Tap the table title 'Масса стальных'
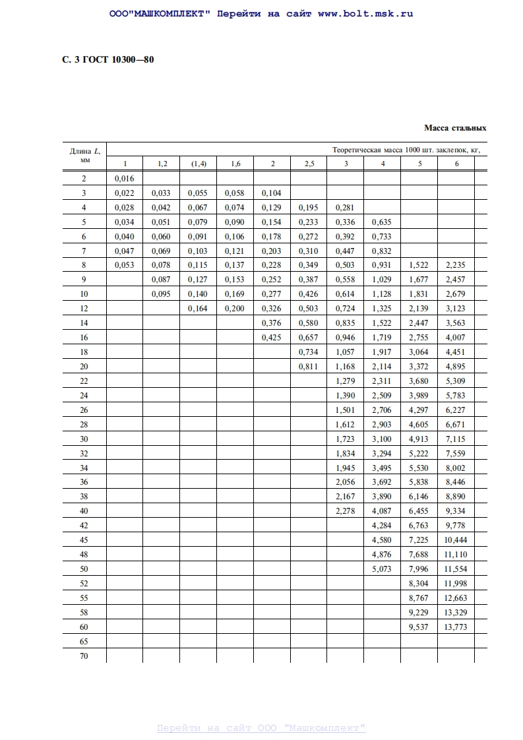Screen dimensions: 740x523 pyautogui.click(x=454, y=128)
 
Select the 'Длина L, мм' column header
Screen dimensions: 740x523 pyautogui.click(x=84, y=156)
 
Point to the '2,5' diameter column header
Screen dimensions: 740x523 pyautogui.click(x=309, y=164)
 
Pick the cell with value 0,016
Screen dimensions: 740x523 pyautogui.click(x=124, y=179)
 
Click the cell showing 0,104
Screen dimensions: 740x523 pyautogui.click(x=272, y=193)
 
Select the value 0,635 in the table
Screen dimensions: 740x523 pyautogui.click(x=382, y=222)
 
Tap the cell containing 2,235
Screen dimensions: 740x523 pyautogui.click(x=456, y=265)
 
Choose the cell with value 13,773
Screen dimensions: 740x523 pyautogui.click(x=456, y=627)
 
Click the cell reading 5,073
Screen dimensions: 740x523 pyautogui.click(x=382, y=569)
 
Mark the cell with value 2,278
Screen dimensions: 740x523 pyautogui.click(x=345, y=511)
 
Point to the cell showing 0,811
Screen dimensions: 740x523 pyautogui.click(x=308, y=367)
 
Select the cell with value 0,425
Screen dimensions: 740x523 pyautogui.click(x=272, y=338)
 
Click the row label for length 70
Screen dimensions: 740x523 pyautogui.click(x=84, y=656)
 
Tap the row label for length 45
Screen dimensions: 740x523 pyautogui.click(x=84, y=540)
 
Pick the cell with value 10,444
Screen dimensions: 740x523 pyautogui.click(x=456, y=540)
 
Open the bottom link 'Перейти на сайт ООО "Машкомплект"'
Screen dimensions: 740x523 pyautogui.click(x=261, y=728)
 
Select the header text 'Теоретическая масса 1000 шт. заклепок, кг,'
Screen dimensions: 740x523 pyautogui.click(x=406, y=150)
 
